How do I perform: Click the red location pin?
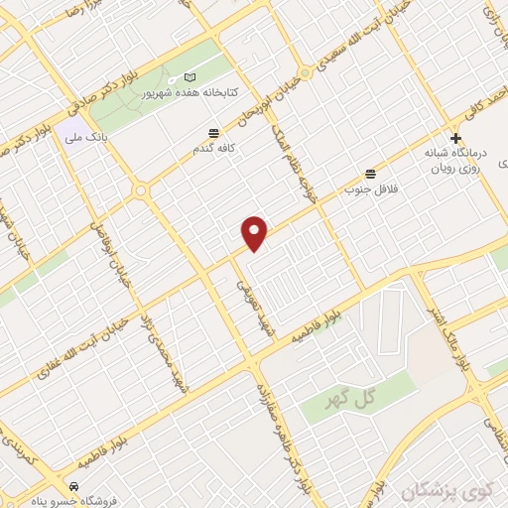(255, 232)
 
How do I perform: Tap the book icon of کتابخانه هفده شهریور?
(190, 77)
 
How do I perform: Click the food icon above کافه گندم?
(213, 133)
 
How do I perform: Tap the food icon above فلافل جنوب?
(371, 173)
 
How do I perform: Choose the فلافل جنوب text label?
(370, 188)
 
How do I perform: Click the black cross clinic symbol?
(455, 139)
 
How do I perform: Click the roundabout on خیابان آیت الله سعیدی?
(307, 73)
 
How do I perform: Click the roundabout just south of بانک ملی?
(141, 190)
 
